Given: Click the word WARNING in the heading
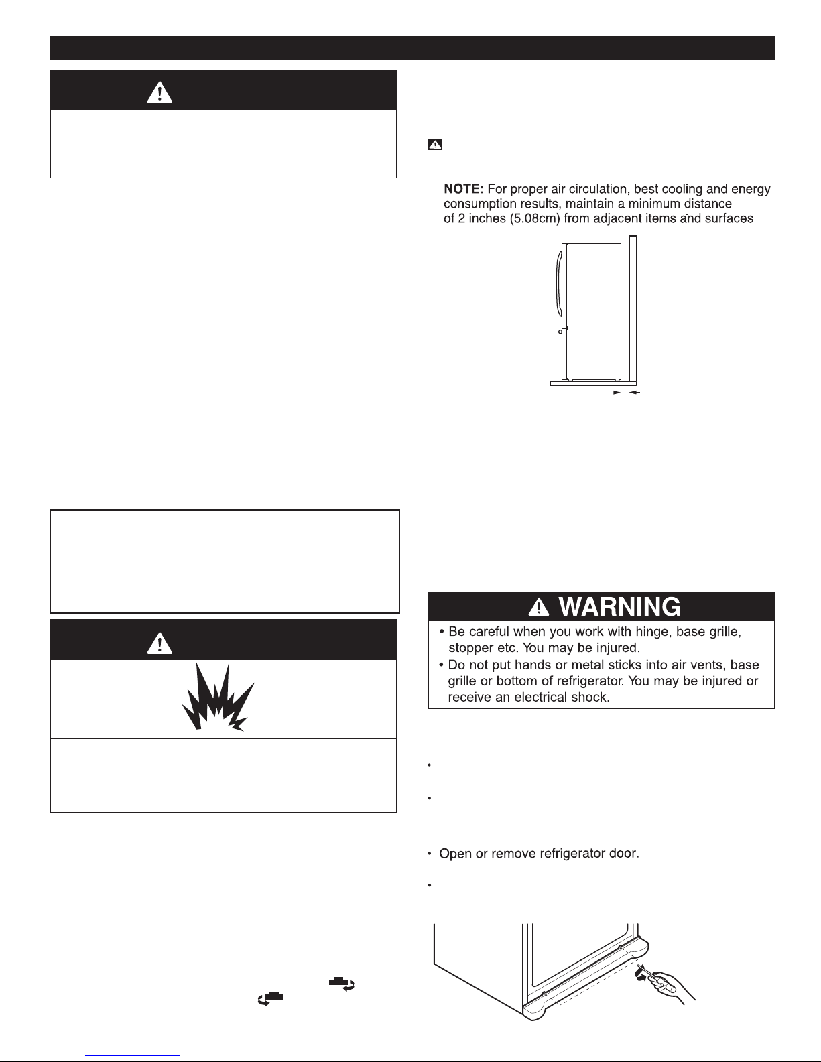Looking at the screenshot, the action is (619, 607).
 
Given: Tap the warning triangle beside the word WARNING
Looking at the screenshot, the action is (539, 607).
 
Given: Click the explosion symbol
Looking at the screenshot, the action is (218, 698).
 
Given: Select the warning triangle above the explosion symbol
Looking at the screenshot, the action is (160, 643).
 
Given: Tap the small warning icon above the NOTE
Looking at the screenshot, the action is (435, 144).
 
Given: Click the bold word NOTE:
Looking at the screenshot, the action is (464, 189).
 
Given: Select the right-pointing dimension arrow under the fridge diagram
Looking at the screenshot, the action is (615, 393).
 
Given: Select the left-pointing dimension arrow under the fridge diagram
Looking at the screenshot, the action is (634, 393).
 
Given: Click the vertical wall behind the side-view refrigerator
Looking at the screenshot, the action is (633, 311).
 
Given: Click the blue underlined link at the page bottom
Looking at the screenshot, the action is (133, 1056).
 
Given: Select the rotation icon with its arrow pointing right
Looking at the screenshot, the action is (342, 984).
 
